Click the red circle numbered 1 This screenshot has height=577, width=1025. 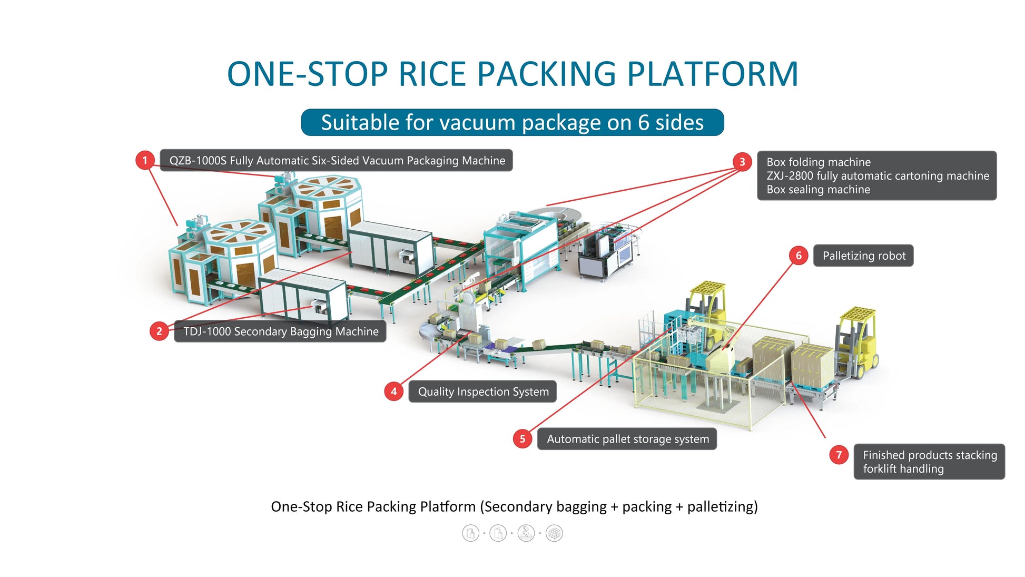point(145,160)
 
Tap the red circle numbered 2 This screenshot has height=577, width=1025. point(159,331)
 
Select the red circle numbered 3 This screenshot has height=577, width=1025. point(742,162)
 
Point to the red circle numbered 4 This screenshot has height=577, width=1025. point(393,392)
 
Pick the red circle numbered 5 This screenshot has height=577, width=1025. point(523,439)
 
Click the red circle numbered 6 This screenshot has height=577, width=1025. point(799,256)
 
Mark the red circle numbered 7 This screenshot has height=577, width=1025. point(839,455)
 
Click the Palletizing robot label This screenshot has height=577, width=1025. point(863,256)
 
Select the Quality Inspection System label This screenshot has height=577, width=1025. point(482,392)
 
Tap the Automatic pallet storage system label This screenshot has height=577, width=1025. point(627,439)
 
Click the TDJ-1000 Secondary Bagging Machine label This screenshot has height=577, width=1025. point(280,331)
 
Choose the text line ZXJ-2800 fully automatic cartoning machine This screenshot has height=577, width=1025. point(878,175)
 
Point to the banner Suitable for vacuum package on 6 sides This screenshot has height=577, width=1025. point(512,122)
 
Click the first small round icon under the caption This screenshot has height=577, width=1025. point(470,533)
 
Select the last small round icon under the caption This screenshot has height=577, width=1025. point(554,533)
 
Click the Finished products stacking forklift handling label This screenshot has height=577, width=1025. point(929,462)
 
